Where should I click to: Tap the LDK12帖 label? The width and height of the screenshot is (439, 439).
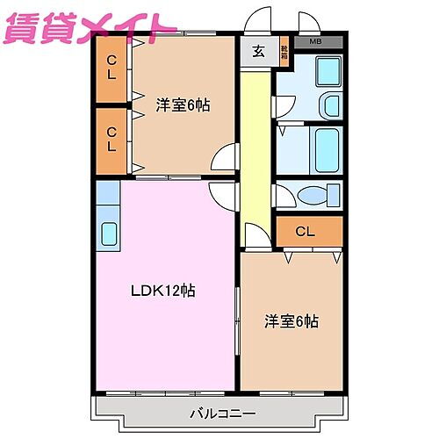(162, 291)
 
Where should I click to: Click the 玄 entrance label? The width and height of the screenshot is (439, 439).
(258, 51)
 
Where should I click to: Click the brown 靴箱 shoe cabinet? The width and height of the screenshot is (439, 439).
(284, 52)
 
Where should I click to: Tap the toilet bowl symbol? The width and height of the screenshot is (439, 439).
(311, 196)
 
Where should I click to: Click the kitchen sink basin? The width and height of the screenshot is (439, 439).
(109, 234)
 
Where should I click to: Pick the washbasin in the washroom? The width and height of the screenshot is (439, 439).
(332, 105)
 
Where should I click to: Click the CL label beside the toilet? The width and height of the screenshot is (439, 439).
(305, 232)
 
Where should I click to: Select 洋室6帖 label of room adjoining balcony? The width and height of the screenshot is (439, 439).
(291, 321)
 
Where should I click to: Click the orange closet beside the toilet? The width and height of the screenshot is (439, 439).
(308, 232)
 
